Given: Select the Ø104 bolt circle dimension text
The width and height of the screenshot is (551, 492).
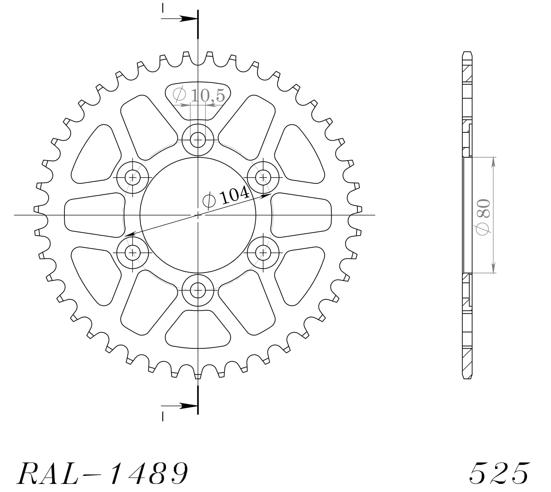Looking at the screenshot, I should (x=227, y=197).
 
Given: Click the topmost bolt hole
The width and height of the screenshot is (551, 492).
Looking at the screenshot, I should (x=198, y=140).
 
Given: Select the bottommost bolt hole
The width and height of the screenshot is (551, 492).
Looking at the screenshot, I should (x=198, y=291).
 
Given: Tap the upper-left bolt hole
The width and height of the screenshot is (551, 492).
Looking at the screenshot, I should (x=133, y=178).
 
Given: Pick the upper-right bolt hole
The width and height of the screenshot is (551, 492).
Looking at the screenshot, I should (x=264, y=178).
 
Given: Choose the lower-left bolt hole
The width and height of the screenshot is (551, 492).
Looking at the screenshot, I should (x=133, y=253).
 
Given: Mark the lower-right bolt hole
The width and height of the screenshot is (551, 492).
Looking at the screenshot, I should (x=264, y=253).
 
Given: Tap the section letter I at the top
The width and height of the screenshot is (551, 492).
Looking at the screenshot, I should (x=163, y=8).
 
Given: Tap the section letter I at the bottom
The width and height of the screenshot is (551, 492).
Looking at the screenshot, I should (x=163, y=416).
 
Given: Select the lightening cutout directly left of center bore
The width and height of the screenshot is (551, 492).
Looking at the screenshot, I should (x=94, y=215).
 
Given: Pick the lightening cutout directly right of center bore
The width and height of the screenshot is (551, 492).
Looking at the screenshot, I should (x=302, y=215).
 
